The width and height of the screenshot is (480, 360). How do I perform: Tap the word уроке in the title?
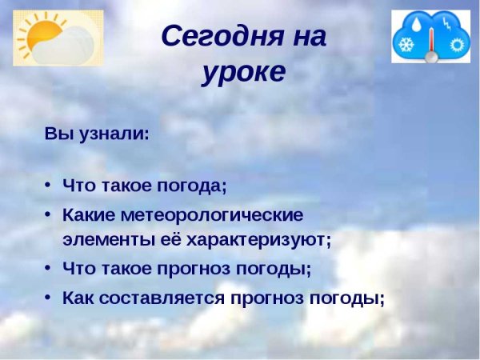point(243,72)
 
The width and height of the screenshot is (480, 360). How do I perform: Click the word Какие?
point(88,215)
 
